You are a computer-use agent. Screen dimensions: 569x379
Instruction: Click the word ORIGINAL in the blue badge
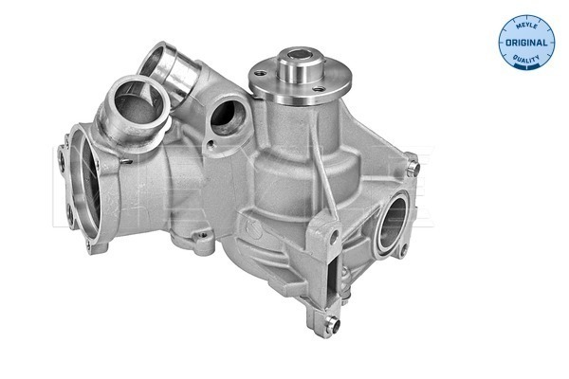tap(526, 43)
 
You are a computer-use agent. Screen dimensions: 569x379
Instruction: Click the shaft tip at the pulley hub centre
tap(300, 55)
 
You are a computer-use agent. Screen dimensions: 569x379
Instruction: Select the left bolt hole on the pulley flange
tap(260, 74)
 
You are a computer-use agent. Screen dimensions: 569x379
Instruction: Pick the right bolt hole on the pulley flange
tap(319, 89)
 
